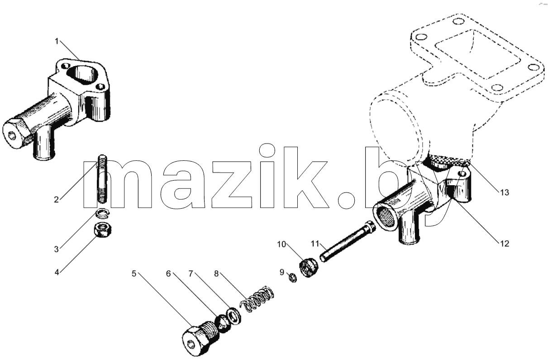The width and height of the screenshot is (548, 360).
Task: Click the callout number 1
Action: point(57,41)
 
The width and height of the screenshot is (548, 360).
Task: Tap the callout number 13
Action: point(504,192)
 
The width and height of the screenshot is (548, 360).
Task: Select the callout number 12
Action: point(504,244)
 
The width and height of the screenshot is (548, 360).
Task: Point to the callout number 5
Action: point(134,274)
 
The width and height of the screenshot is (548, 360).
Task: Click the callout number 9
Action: point(282,272)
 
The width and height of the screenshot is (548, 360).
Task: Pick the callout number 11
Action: point(315,244)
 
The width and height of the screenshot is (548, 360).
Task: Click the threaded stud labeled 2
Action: point(103,179)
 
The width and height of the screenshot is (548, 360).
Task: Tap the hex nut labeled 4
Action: point(103,230)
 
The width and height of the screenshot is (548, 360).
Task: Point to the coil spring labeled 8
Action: point(257,299)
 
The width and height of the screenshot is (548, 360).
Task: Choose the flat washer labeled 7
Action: point(234,316)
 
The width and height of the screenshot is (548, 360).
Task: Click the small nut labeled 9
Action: point(293,278)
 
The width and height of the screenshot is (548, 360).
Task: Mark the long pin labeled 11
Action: point(348,241)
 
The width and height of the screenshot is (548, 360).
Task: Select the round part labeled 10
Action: point(309,268)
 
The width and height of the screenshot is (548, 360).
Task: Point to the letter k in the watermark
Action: point(306,177)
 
